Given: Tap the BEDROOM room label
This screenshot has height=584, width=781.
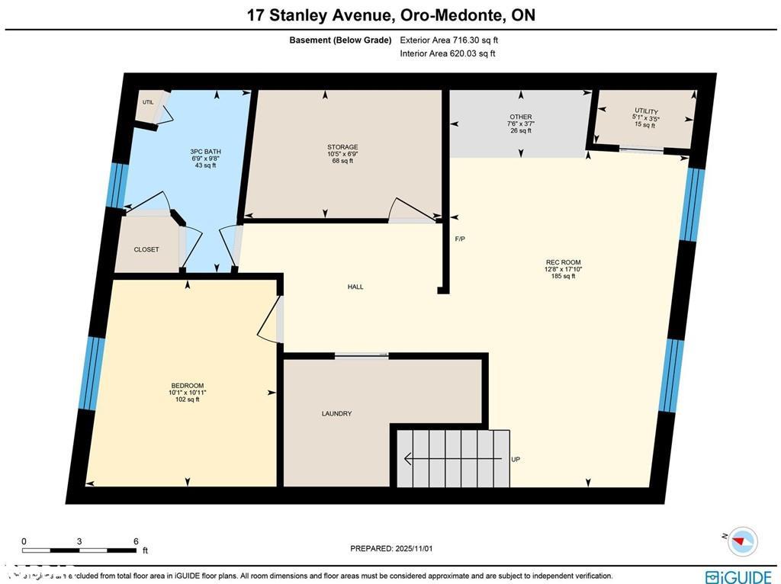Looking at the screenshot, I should click(x=187, y=385).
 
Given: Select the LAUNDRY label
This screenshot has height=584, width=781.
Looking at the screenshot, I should click(x=336, y=413).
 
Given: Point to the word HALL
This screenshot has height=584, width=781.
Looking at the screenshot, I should click(x=355, y=287).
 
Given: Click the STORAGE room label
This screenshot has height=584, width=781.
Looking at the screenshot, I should click(x=342, y=146).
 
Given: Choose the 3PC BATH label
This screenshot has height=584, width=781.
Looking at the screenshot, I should click(x=205, y=152).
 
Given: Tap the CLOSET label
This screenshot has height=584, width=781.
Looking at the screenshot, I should click(x=146, y=249).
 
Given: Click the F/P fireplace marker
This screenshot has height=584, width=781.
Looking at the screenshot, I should click(x=460, y=239).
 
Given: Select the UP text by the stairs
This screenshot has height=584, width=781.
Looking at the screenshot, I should click(x=516, y=459).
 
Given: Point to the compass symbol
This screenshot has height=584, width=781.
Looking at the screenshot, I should click(x=742, y=541).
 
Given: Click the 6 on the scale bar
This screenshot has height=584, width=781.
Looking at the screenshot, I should click(x=136, y=541).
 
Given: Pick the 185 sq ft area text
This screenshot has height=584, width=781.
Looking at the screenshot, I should click(x=563, y=276).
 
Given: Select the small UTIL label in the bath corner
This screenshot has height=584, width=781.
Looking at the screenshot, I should click(x=147, y=101).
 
